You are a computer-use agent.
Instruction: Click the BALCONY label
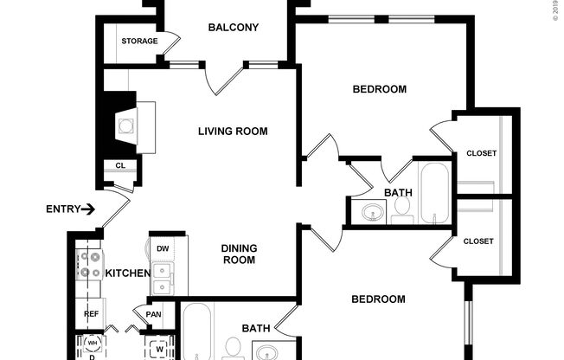pyautogui.click(x=234, y=28)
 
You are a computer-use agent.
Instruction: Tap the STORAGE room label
pyautogui.click(x=139, y=42)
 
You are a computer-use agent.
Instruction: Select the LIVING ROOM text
pyautogui.click(x=233, y=132)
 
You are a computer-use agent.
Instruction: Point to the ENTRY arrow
pyautogui.click(x=88, y=209)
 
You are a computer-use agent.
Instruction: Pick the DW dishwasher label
pyautogui.click(x=163, y=248)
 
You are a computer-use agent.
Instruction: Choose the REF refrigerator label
pyautogui.click(x=92, y=314)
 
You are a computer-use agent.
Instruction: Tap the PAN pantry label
pyautogui.click(x=154, y=315)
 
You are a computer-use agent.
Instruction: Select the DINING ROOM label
pyautogui.click(x=240, y=254)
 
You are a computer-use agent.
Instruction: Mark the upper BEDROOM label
pyautogui.click(x=379, y=89)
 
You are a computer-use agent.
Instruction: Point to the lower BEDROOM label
pyautogui.click(x=378, y=299)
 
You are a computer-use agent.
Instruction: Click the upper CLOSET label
pyautogui.click(x=481, y=153)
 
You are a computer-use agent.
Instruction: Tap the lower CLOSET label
pyautogui.click(x=477, y=241)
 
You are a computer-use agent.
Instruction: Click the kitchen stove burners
pyautogui.click(x=88, y=265)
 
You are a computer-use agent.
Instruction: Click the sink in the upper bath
pyautogui.click(x=374, y=210)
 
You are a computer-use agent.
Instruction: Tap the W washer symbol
pyautogui.click(x=160, y=350)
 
